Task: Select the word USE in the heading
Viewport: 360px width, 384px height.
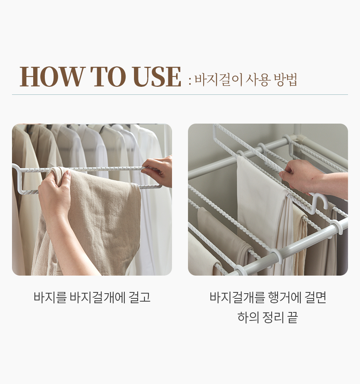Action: pos(158,77)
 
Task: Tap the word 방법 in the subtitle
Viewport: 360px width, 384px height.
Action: pos(285,80)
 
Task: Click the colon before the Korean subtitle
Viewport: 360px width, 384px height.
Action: pos(190,81)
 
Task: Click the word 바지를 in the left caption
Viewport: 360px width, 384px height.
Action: pos(50,297)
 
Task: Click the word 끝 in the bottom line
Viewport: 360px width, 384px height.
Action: pos(292,317)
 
